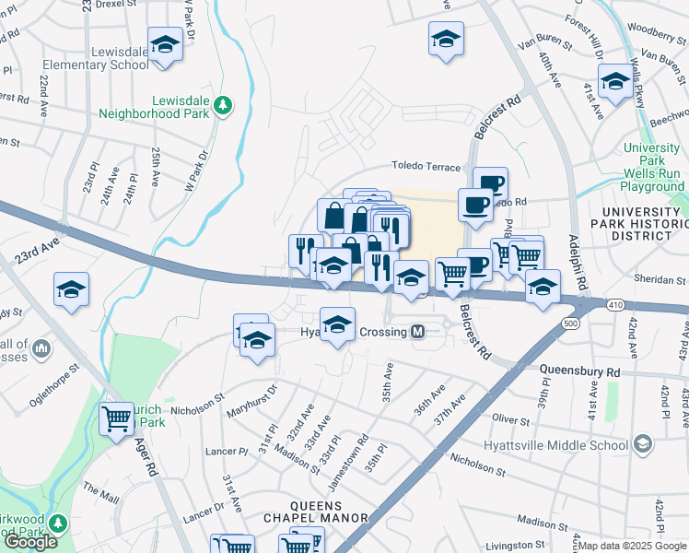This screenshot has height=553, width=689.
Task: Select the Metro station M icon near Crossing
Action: [x=418, y=331]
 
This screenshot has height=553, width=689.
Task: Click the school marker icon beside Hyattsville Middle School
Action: [x=642, y=444]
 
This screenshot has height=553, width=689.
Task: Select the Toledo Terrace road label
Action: [x=426, y=167]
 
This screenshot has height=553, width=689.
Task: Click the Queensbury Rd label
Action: [x=579, y=371]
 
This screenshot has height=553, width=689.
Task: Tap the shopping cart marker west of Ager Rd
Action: [x=117, y=419]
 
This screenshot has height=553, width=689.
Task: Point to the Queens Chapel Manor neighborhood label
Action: [x=316, y=512]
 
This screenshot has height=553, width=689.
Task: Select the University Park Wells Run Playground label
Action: [x=652, y=167]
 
